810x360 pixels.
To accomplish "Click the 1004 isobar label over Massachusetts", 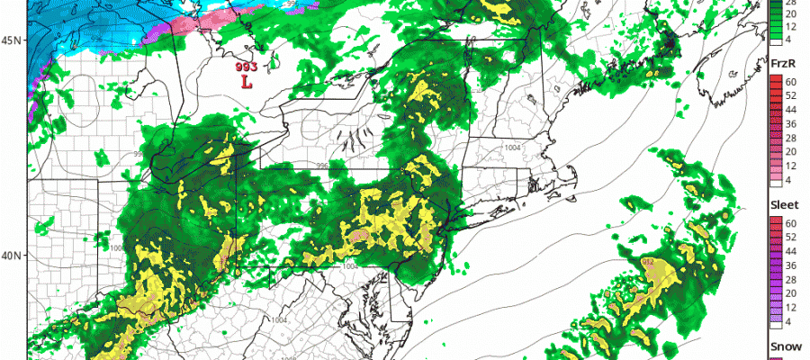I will [513, 148].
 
